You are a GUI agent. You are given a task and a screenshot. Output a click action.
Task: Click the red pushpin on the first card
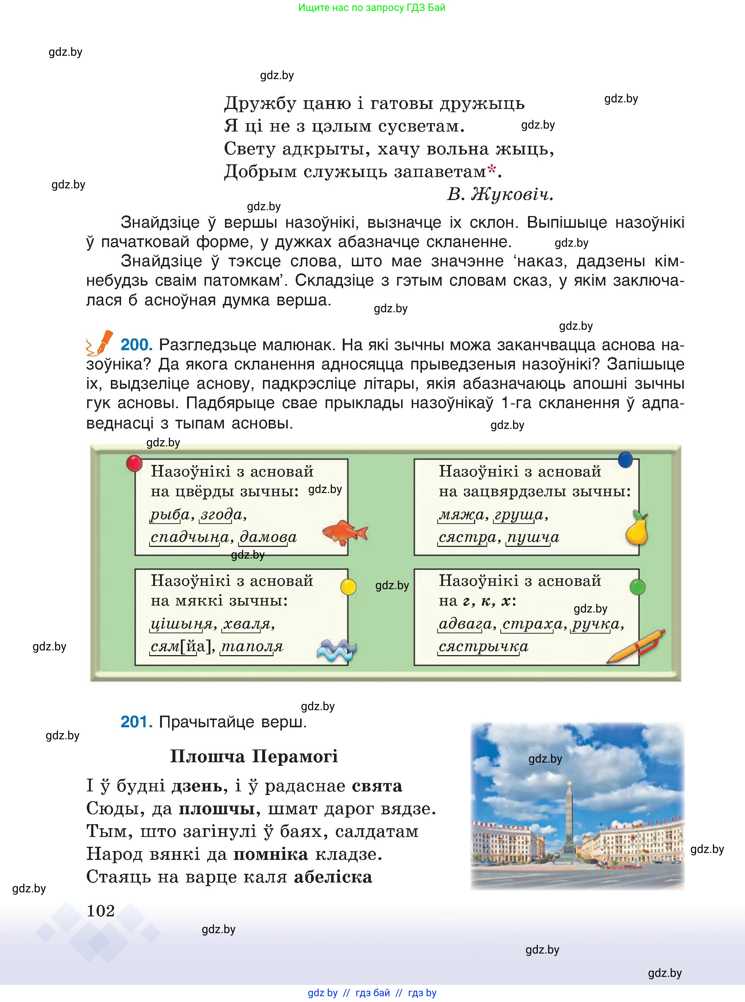134,463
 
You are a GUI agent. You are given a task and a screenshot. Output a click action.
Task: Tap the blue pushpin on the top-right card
625,459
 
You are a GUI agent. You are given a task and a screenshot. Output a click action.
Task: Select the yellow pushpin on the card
348,587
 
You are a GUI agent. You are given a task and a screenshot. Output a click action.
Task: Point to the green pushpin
637,587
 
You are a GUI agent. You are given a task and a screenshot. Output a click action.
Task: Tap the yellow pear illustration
637,528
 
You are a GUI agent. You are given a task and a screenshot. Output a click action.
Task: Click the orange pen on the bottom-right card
636,646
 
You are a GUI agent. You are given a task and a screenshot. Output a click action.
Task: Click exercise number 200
136,345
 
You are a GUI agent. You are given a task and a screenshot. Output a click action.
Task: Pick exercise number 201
136,722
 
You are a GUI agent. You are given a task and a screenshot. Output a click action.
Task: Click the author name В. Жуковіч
500,195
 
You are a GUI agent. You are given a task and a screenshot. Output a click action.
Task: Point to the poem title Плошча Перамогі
253,756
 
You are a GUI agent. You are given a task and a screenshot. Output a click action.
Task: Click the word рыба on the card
170,514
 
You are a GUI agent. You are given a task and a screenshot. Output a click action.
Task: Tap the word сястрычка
483,646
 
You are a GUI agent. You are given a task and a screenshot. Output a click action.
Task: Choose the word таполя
252,646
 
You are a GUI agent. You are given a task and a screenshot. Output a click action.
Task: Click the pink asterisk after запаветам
492,169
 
